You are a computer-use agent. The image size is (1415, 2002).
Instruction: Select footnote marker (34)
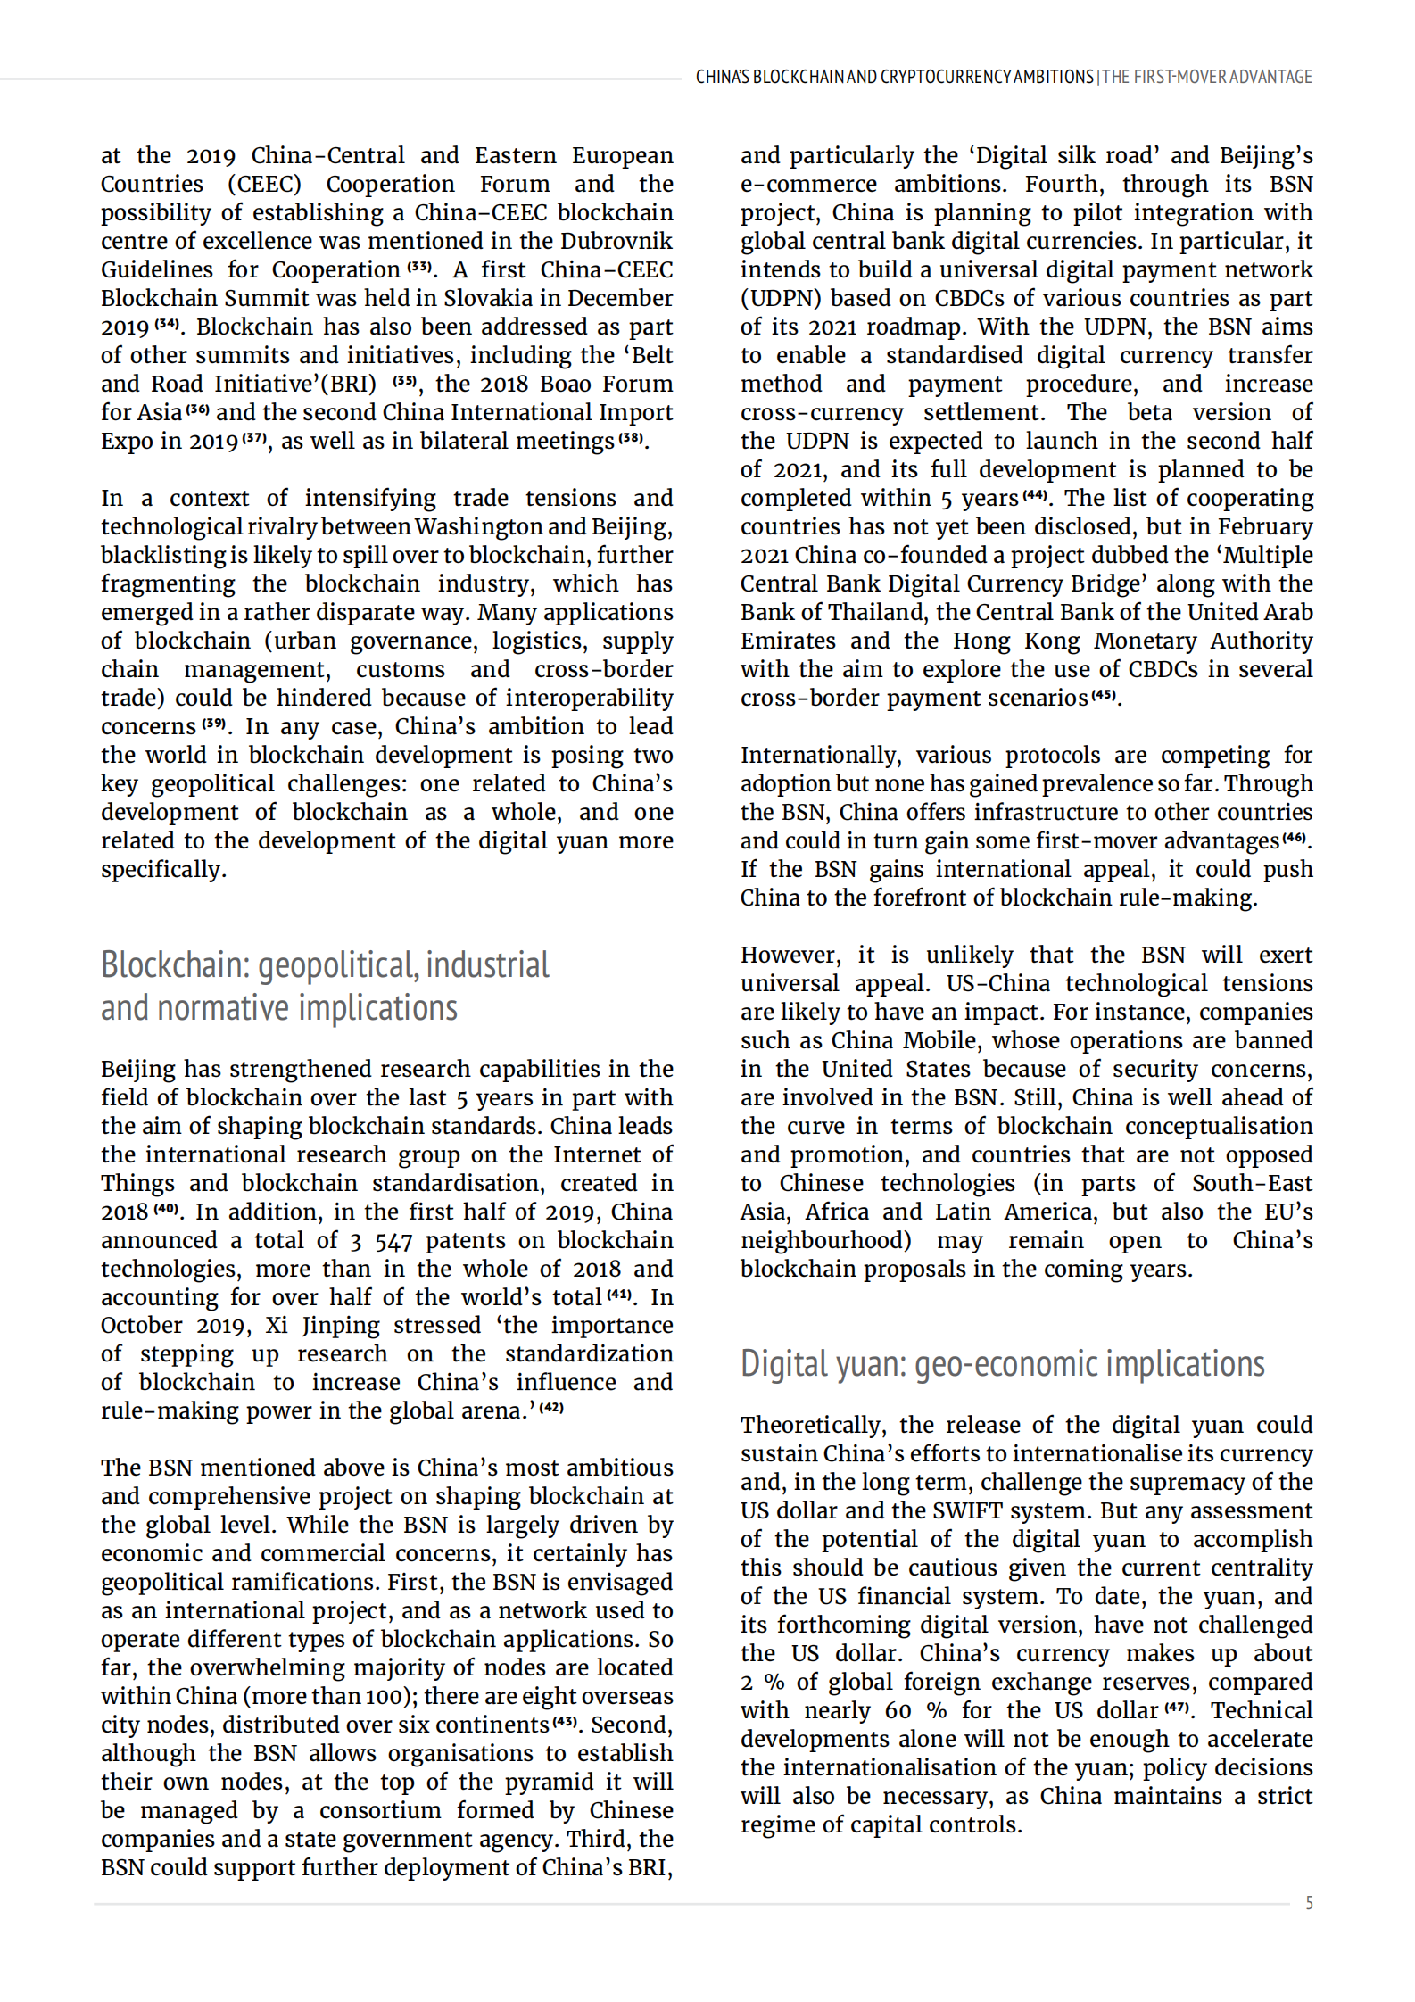(167, 323)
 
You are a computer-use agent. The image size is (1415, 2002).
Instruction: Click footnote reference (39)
(214, 723)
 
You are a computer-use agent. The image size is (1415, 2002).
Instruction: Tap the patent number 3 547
(382, 1240)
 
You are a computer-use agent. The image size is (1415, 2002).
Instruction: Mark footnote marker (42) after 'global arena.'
(552, 1408)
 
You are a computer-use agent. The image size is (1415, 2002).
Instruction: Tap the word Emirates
(788, 641)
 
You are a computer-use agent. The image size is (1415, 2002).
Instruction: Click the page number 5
(1309, 1903)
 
